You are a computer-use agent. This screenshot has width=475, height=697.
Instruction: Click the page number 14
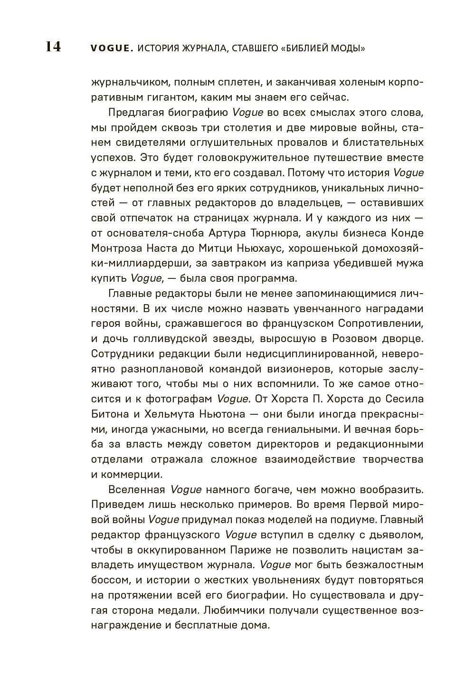click(x=53, y=47)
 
